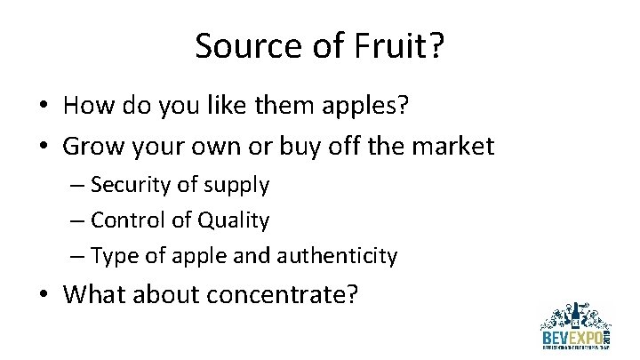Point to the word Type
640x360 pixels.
point(110,256)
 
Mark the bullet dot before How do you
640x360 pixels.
point(43,108)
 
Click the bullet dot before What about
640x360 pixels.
point(43,292)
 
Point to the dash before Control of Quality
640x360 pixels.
point(77,220)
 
